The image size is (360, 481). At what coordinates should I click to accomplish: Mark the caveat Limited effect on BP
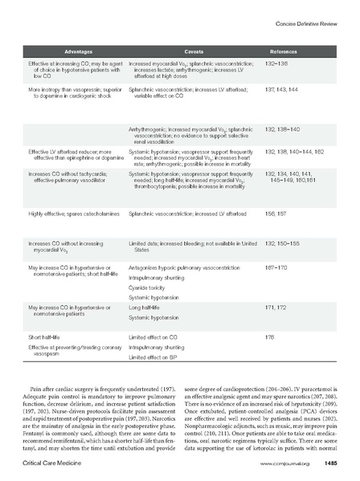coord(154,356)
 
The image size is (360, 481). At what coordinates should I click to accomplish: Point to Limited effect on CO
coord(154,337)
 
